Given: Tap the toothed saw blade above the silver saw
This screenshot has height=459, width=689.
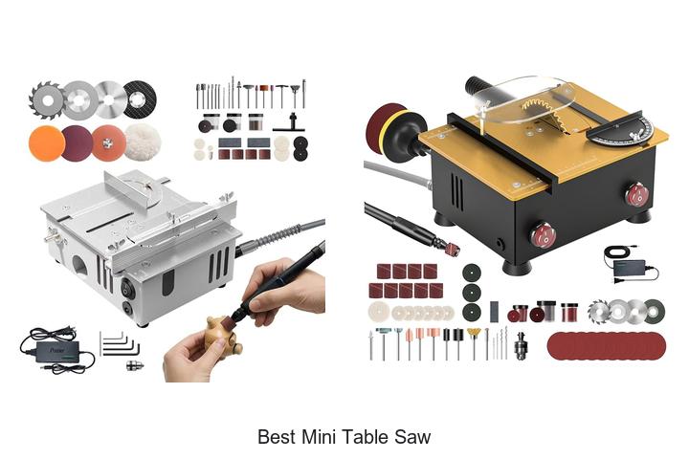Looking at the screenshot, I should [45, 98].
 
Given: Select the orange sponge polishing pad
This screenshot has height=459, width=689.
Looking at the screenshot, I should [45, 143].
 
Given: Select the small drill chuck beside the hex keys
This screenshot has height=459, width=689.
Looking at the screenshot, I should [135, 364].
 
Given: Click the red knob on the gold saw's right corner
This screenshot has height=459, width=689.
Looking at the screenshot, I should [636, 196].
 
